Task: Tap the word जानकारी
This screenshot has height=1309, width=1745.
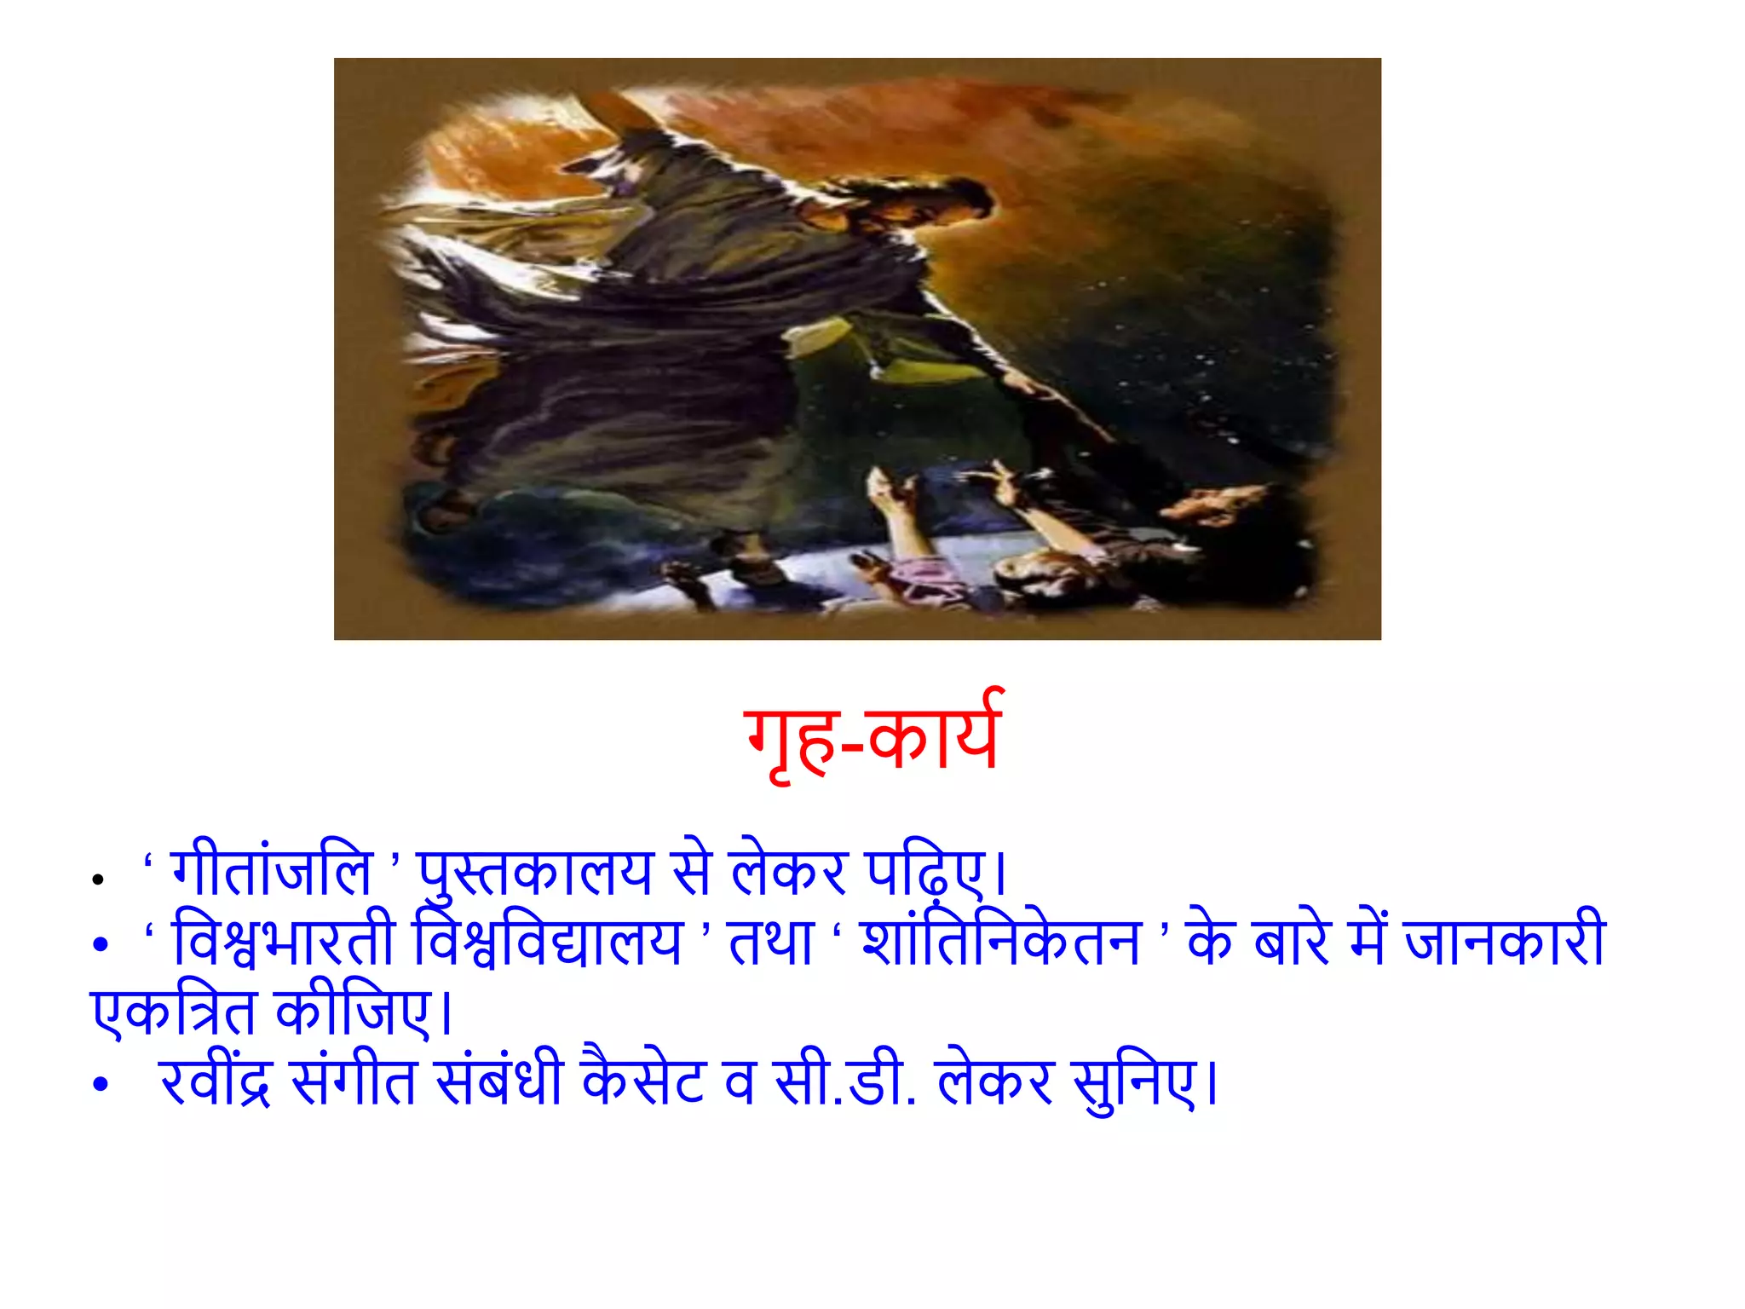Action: [x=1504, y=942]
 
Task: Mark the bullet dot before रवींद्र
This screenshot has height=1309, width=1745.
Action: [x=101, y=1085]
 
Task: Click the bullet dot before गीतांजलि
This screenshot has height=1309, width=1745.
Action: [x=98, y=880]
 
